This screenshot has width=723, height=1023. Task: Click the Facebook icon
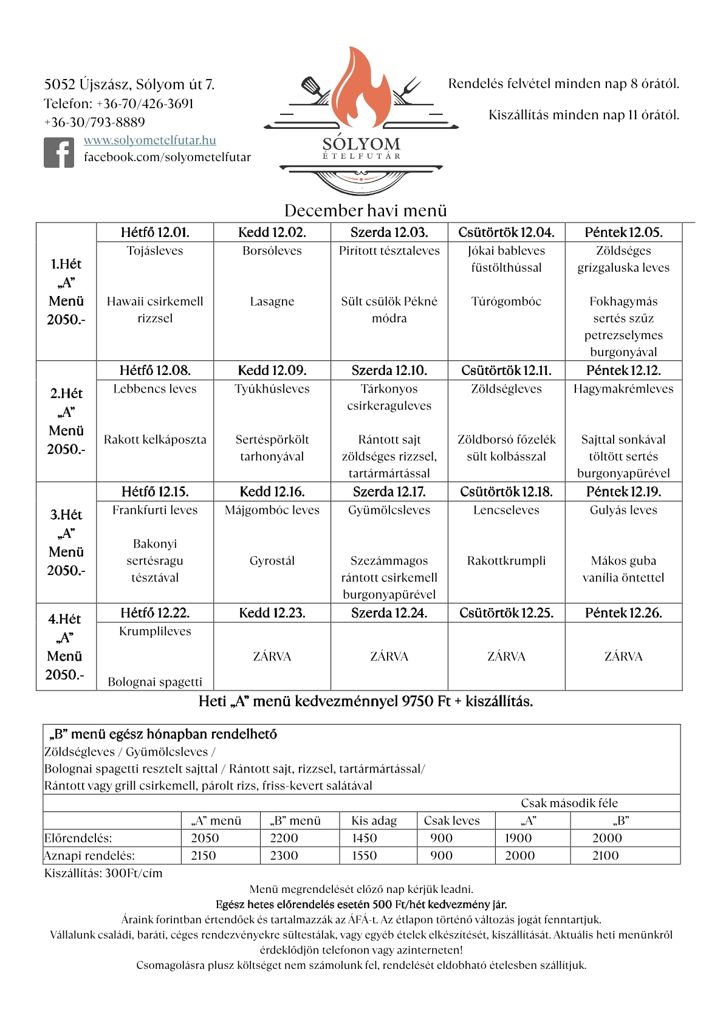click(59, 153)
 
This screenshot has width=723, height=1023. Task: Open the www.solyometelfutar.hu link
click(149, 140)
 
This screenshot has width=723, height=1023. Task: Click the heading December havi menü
click(365, 211)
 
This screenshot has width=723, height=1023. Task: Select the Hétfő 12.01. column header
click(155, 232)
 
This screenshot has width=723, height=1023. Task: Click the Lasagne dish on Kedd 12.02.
click(272, 301)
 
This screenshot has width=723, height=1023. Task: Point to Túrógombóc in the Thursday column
click(506, 301)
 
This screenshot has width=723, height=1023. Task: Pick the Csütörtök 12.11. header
click(506, 370)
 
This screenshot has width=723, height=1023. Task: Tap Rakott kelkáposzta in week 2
click(155, 439)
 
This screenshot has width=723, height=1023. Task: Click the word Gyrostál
click(272, 561)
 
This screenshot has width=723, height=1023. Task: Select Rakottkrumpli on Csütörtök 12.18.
click(506, 561)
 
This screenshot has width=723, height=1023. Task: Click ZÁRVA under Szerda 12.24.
click(389, 656)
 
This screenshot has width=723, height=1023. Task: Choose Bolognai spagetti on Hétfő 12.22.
click(155, 682)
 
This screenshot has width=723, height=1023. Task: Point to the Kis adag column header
click(374, 821)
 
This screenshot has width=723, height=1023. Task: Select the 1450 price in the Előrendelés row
click(365, 838)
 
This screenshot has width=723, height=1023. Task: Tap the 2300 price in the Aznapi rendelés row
click(284, 856)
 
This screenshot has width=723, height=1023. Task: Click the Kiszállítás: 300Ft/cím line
click(103, 873)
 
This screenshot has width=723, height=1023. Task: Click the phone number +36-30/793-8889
click(94, 122)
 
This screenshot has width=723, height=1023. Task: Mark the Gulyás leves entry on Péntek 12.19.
click(623, 510)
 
